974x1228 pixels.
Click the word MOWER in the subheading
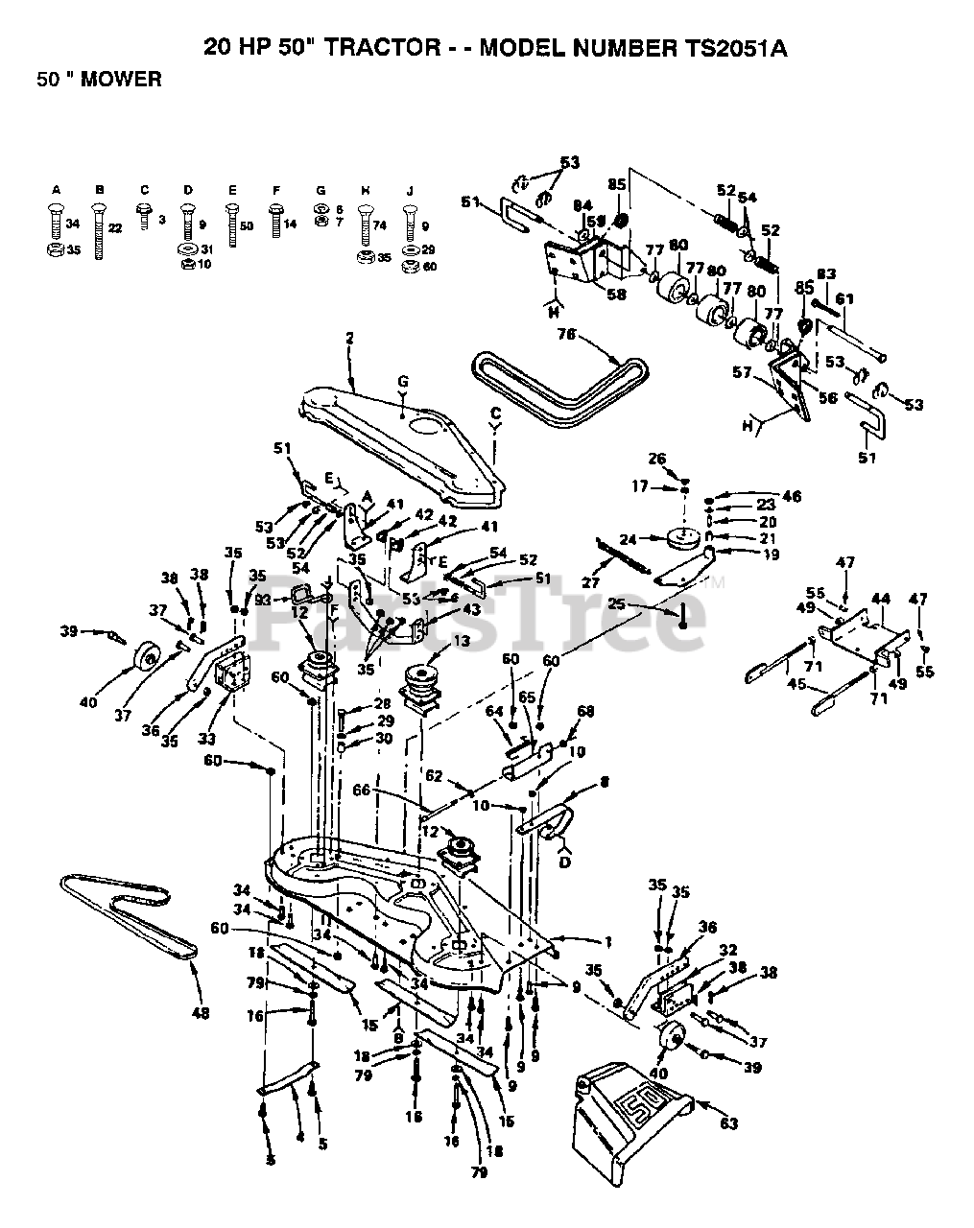click(x=121, y=80)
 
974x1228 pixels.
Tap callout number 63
click(x=730, y=1124)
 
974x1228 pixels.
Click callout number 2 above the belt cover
click(x=349, y=338)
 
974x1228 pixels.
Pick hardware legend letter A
click(x=56, y=191)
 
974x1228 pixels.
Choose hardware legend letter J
click(x=410, y=191)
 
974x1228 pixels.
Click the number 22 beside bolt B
click(x=116, y=228)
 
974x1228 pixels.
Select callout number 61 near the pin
click(x=844, y=300)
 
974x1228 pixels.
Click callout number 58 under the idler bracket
click(x=616, y=295)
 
